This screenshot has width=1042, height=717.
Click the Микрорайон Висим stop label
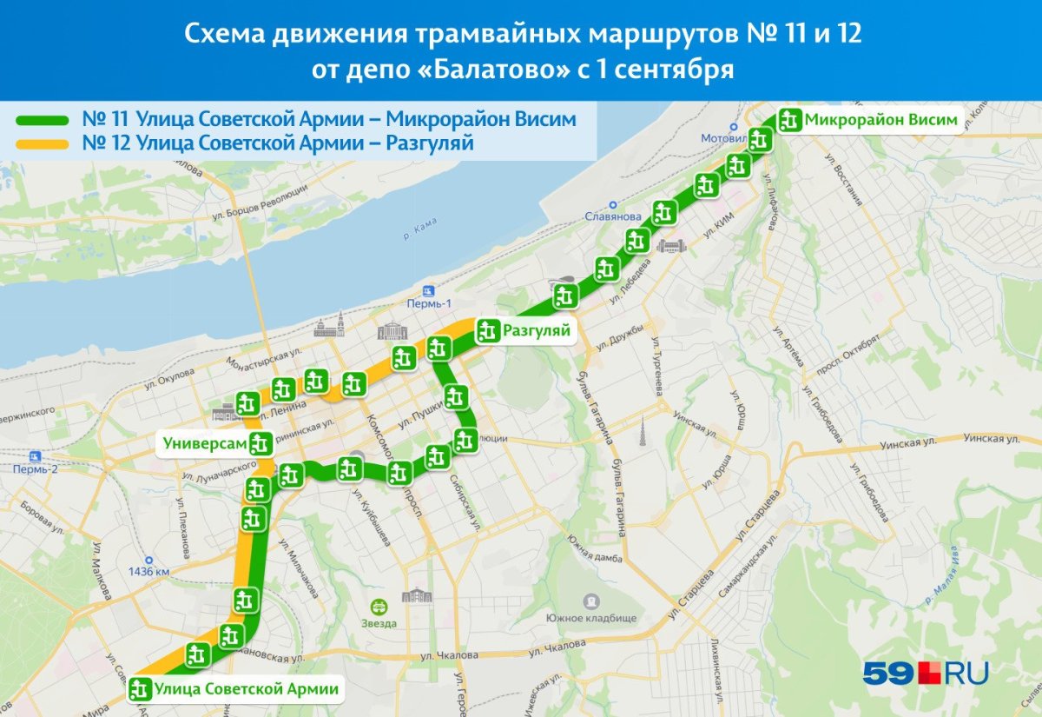pyautogui.click(x=880, y=120)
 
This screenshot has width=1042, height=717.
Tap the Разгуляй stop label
pyautogui.click(x=536, y=330)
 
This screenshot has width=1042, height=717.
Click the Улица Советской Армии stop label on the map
pyautogui.click(x=246, y=690)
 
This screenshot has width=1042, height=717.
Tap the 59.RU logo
pyautogui.click(x=925, y=672)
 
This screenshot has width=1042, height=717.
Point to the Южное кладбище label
pyautogui.click(x=591, y=618)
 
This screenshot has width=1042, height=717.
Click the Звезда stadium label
pyautogui.click(x=379, y=622)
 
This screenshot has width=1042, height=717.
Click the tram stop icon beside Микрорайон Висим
pyautogui.click(x=789, y=120)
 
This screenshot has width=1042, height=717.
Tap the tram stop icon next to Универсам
pyautogui.click(x=259, y=443)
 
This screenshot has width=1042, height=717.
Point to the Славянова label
pyautogui.click(x=612, y=216)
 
